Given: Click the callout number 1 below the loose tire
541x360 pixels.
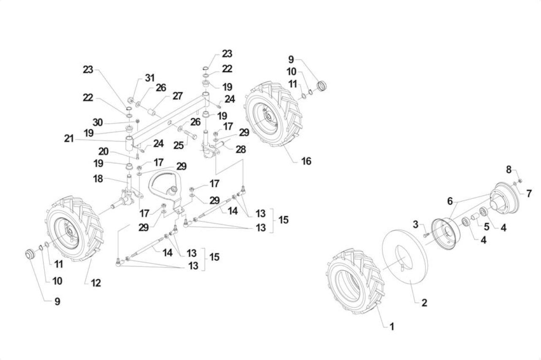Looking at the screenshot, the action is click(x=392, y=327).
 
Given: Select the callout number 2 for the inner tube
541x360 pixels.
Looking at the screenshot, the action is click(x=424, y=303).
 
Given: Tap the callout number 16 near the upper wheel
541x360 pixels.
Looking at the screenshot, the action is click(x=306, y=161).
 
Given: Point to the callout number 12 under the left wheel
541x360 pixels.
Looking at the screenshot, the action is click(x=96, y=283).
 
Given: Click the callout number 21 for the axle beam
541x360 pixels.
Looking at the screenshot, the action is click(x=69, y=139).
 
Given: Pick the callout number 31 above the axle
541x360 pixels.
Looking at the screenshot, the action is click(x=150, y=78).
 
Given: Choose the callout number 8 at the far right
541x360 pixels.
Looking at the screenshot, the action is click(x=508, y=170).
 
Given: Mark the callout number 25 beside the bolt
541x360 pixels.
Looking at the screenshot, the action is click(x=178, y=146).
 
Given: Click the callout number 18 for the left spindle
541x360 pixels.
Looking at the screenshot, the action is click(x=98, y=179).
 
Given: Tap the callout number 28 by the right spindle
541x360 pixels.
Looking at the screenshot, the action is click(x=241, y=149).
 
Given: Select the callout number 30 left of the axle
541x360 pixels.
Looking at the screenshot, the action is click(x=98, y=123).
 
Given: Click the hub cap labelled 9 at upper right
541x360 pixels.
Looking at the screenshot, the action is click(x=322, y=86).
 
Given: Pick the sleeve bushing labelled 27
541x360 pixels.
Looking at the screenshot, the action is click(x=152, y=113).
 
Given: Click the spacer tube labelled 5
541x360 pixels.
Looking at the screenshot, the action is click(x=475, y=216).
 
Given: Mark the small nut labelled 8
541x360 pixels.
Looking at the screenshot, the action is click(x=520, y=181).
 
